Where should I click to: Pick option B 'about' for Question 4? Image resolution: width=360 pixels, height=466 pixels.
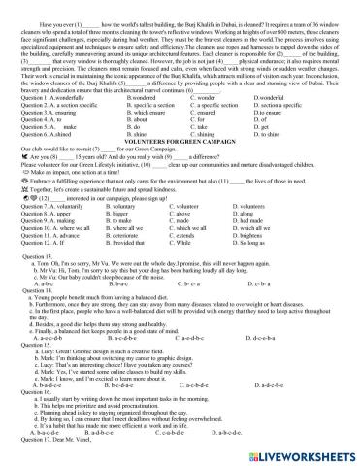coord(141,119)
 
